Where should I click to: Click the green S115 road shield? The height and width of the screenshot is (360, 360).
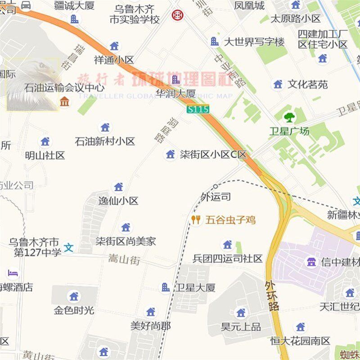tap(198, 109)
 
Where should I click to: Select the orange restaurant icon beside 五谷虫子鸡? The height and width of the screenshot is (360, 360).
tap(196, 220)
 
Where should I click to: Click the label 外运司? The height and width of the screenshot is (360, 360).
tap(216, 197)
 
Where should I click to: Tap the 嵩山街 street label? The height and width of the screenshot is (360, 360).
tap(124, 260)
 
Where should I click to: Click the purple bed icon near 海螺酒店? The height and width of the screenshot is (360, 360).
tap(13, 273)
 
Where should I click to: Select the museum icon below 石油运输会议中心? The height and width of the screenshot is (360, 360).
tap(65, 102)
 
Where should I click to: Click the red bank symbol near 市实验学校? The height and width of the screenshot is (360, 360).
tap(177, 15)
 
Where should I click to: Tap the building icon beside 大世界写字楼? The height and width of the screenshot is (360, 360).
tap(215, 42)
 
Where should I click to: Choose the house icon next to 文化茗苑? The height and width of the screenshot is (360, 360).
tap(278, 84)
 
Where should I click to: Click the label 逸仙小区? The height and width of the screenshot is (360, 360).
tap(118, 201)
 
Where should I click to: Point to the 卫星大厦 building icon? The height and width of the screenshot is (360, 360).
tap(166, 287)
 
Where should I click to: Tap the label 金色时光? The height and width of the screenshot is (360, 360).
tap(74, 310)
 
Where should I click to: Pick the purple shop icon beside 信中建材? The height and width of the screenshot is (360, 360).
tap(311, 261)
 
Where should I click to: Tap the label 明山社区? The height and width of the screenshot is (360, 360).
tap(45, 155)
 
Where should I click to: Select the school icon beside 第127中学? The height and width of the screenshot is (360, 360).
tap(69, 247)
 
